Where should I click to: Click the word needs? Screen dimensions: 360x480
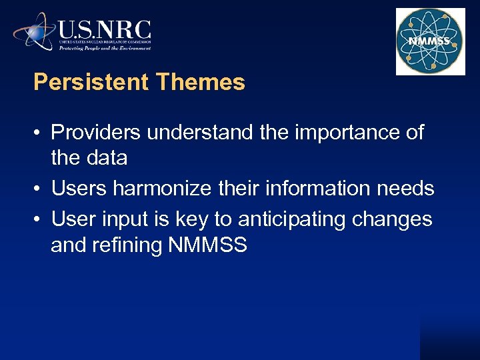(406, 189)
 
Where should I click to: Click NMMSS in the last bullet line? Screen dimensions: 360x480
(208, 245)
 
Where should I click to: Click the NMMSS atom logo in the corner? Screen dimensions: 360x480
(430, 41)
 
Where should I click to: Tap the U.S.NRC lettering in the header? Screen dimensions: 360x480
(105, 30)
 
